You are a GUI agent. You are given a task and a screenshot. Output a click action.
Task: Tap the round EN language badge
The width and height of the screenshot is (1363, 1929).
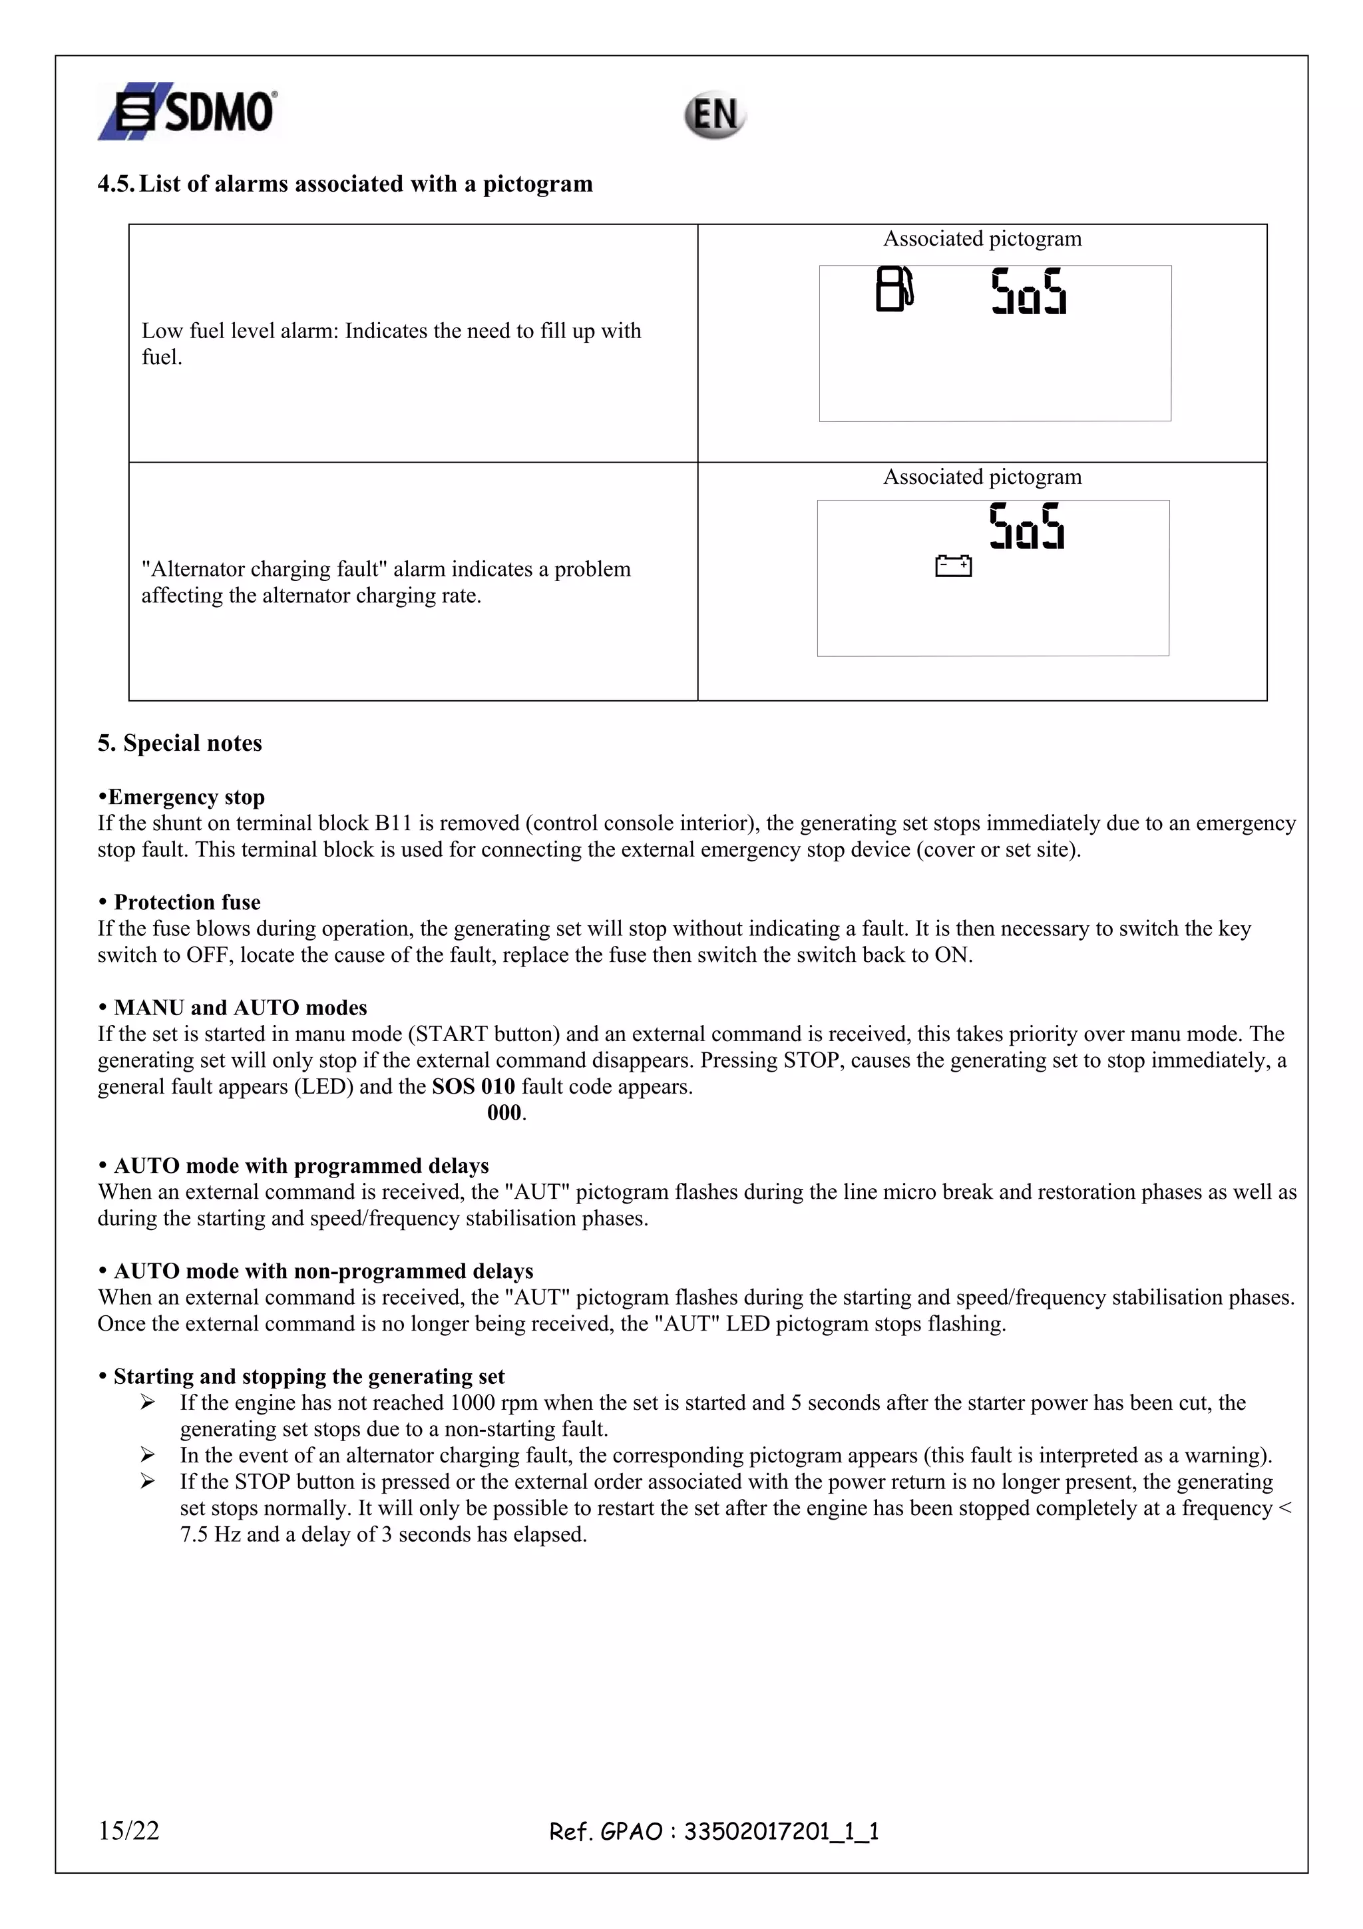(714, 115)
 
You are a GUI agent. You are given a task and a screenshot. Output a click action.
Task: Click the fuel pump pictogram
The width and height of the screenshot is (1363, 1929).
(894, 289)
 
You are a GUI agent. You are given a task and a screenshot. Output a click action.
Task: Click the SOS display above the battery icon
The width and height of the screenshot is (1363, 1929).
(1026, 527)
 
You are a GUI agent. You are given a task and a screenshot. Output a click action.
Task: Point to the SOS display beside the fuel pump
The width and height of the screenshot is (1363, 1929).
(1029, 292)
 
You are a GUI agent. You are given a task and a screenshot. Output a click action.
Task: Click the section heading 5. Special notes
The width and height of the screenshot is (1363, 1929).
(180, 743)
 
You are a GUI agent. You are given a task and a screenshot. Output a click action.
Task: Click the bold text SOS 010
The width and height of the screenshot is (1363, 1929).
(473, 1086)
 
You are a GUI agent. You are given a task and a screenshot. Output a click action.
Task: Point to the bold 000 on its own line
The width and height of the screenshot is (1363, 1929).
(504, 1112)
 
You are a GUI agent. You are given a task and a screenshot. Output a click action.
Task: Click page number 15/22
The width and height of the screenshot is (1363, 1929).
(128, 1830)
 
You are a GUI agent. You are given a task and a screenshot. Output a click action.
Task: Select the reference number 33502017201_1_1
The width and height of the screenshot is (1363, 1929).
(781, 1832)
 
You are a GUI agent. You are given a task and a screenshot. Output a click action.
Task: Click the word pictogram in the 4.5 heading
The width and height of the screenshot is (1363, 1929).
(538, 183)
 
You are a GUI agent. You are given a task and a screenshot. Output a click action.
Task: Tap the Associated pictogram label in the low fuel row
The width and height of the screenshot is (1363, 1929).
(982, 238)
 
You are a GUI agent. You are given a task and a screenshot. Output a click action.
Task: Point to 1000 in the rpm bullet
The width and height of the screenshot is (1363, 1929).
(472, 1402)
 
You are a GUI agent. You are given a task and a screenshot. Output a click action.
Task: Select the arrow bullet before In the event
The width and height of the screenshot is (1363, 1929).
(148, 1455)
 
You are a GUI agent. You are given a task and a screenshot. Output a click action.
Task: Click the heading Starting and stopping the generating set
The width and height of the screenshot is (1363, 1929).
(308, 1376)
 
